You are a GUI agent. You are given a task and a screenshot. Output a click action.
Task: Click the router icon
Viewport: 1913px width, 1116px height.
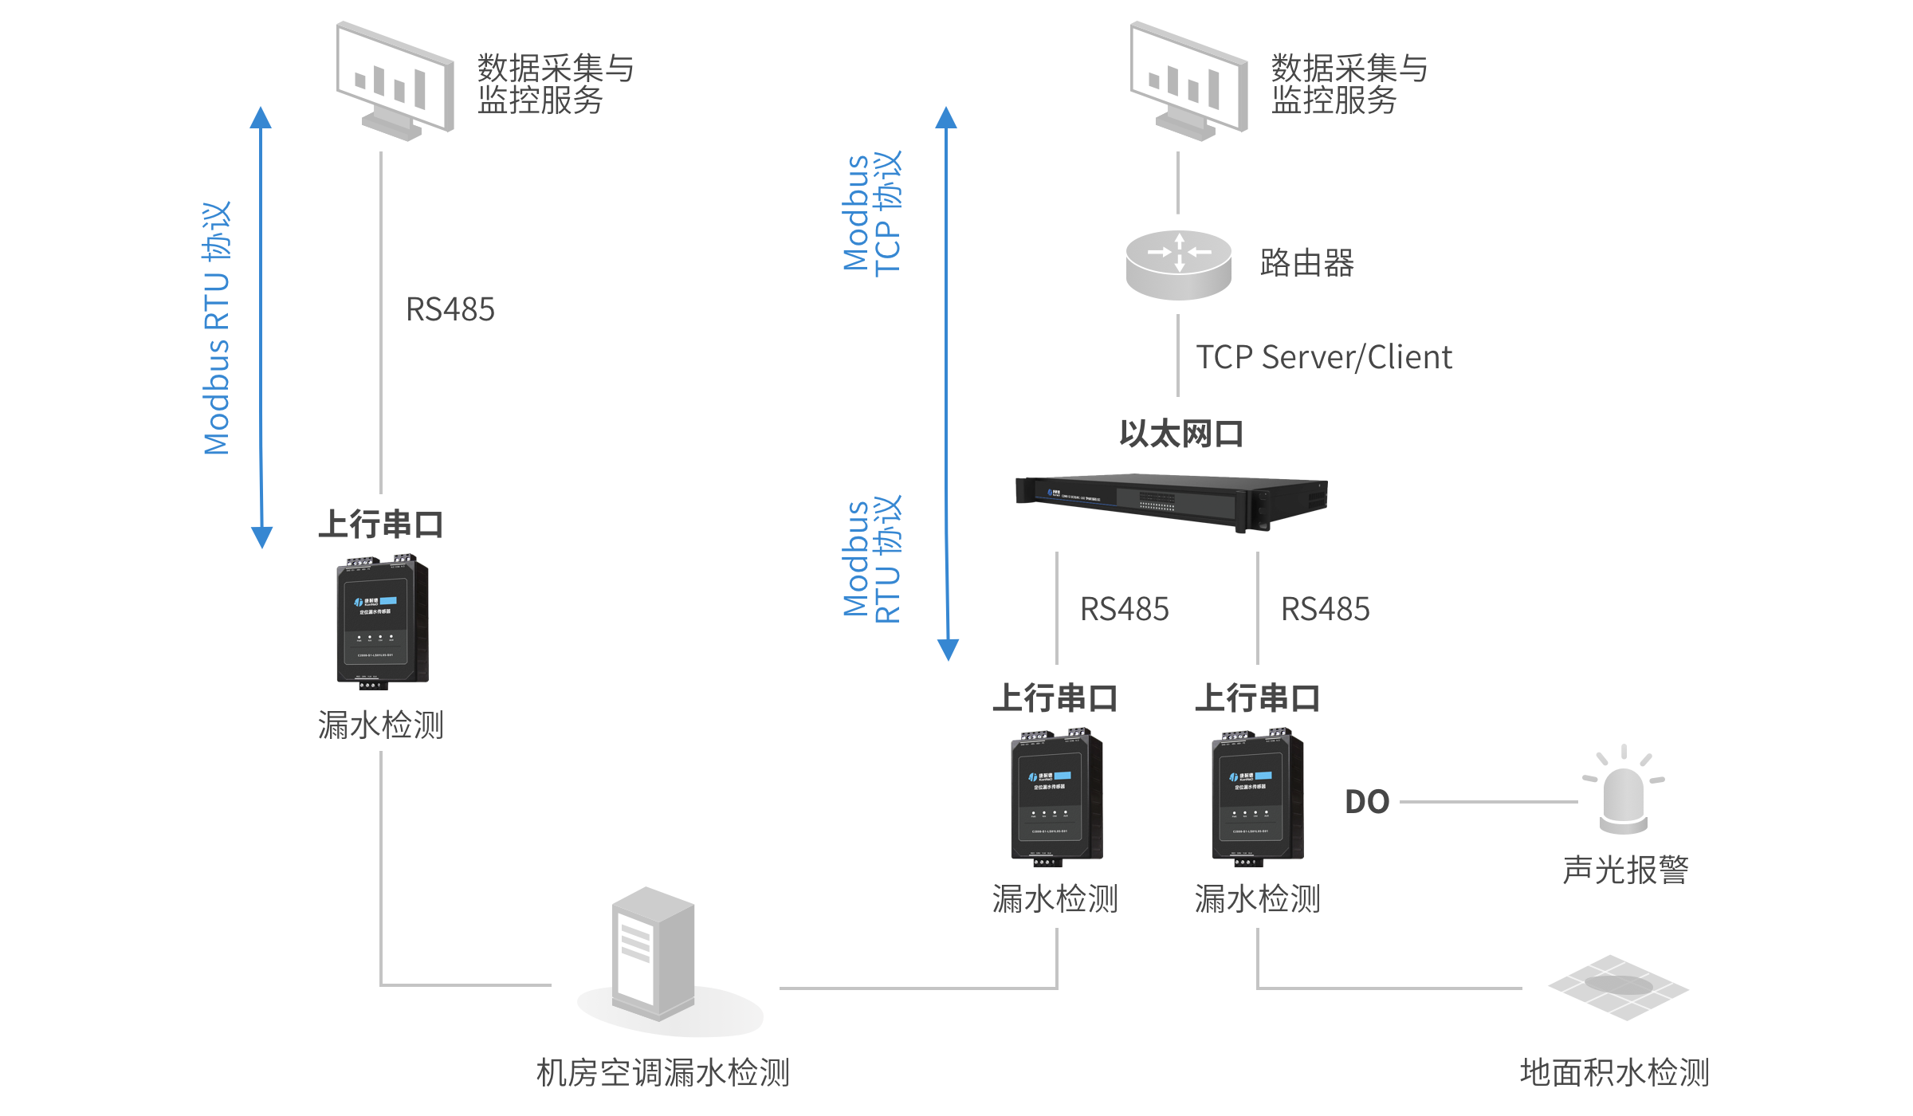point(1178,264)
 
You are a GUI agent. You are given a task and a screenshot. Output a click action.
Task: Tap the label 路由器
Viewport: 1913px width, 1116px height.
point(1307,263)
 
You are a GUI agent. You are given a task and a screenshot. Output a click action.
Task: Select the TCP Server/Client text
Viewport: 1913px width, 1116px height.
point(1323,357)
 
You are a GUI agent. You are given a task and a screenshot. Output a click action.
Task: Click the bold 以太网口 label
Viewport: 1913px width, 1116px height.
point(1181,434)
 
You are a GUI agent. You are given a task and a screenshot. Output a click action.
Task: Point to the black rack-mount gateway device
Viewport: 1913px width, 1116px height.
point(1172,501)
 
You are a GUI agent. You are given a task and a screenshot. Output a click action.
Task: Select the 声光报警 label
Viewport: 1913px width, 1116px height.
point(1626,870)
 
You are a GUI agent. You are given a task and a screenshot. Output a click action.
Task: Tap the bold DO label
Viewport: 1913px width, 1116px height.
point(1367,802)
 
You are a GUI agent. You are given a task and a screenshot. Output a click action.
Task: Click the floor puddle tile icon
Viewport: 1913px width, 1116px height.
point(1618,987)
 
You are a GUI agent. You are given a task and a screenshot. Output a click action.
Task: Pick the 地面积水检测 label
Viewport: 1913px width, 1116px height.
point(1615,1072)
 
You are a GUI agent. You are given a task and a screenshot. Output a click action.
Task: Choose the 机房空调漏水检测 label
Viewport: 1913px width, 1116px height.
point(663,1072)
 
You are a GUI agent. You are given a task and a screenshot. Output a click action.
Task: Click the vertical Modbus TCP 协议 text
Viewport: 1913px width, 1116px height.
point(872,213)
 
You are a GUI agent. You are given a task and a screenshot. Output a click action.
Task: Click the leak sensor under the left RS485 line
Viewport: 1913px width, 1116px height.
point(383,622)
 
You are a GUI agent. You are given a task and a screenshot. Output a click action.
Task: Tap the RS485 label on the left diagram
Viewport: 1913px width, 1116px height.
point(450,309)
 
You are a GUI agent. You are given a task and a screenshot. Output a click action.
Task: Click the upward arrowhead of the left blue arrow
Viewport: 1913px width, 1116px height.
point(261,118)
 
